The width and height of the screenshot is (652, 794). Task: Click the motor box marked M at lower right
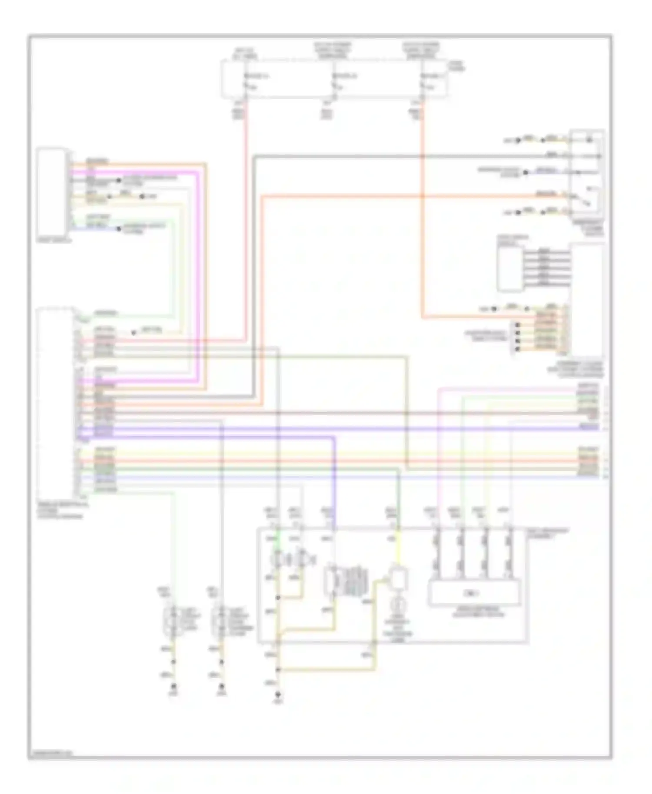tap(474, 593)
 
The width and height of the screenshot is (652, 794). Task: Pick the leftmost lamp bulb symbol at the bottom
tap(173, 619)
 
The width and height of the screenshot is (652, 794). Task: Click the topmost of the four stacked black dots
tap(517, 325)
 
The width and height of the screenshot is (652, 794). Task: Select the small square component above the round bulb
tap(399, 578)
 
